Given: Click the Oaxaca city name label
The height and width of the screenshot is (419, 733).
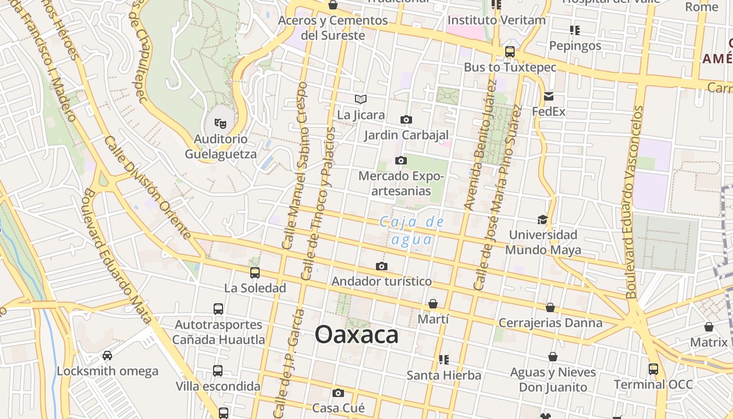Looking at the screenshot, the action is (357, 335).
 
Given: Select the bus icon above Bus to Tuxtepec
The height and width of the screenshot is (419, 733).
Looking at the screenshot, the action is (509, 52).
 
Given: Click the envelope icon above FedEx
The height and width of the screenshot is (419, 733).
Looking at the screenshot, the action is (549, 96).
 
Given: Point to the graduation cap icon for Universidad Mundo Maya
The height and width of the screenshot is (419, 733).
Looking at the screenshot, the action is (542, 219).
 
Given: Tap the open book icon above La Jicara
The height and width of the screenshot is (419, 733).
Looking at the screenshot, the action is (361, 99).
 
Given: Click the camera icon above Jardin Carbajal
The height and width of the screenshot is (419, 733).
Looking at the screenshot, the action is (406, 120).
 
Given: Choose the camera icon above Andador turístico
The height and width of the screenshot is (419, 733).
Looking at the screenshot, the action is (382, 266).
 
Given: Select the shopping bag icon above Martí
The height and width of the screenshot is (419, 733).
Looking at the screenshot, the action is (433, 304).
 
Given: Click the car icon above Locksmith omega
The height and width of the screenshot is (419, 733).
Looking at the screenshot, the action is (107, 356).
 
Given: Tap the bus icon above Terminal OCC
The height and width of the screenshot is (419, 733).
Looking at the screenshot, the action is (653, 369).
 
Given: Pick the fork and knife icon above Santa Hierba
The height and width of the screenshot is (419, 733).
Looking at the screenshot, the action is (444, 360).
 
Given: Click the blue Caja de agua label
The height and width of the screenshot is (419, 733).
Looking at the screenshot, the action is (412, 230).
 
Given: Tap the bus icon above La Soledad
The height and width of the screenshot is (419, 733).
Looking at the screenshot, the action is (255, 273).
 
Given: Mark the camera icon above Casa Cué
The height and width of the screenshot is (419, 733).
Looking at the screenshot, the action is (338, 393).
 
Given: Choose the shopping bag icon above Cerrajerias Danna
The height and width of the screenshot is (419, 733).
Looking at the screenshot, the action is (550, 307).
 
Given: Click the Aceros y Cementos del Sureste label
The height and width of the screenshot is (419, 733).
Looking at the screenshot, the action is (333, 28).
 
